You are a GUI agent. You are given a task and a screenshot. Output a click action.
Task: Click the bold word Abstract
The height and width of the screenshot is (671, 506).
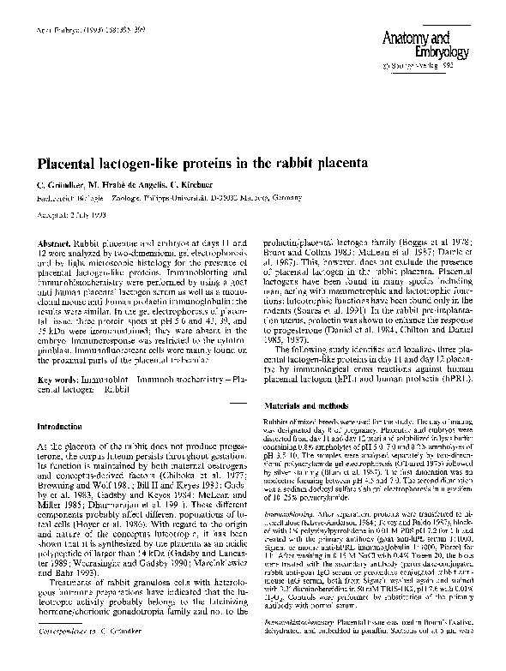[x=53, y=234]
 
